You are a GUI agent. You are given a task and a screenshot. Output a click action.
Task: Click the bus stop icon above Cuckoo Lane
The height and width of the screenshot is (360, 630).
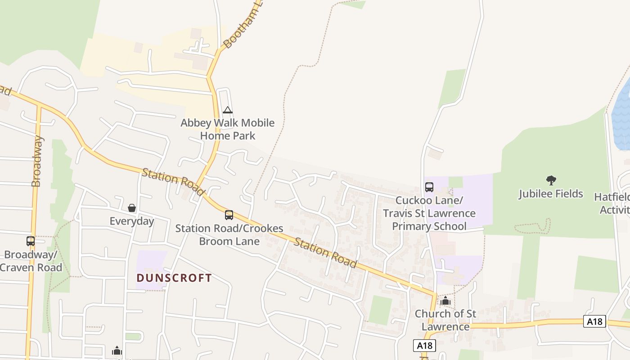click(429, 187)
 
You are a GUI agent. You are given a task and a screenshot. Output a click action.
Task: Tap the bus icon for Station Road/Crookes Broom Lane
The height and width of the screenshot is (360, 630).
click(229, 215)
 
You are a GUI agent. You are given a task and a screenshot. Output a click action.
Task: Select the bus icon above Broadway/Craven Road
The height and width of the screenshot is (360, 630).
click(31, 241)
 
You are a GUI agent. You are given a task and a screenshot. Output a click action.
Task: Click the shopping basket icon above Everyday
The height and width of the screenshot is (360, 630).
click(132, 208)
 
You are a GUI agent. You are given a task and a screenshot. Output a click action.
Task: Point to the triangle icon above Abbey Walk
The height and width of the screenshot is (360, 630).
click(228, 110)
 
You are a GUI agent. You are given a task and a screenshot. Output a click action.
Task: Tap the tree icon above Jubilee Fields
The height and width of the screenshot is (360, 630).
click(551, 181)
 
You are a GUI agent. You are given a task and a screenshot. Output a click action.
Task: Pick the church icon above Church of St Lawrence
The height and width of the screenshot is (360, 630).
click(445, 301)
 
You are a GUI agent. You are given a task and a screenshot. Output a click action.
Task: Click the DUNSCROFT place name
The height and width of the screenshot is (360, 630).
click(174, 278)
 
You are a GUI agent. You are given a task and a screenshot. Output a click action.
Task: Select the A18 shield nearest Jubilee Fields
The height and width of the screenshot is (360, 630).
click(594, 321)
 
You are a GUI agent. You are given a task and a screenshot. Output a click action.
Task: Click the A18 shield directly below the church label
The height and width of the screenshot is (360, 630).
click(424, 346)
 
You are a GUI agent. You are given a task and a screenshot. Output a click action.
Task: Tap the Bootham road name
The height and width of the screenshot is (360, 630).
click(243, 25)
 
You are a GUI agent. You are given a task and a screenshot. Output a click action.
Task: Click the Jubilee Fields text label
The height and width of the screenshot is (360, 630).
click(551, 194)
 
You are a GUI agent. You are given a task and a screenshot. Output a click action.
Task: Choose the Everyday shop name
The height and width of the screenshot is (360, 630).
click(132, 221)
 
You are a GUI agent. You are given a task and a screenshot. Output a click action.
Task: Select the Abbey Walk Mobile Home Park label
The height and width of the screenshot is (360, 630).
click(228, 129)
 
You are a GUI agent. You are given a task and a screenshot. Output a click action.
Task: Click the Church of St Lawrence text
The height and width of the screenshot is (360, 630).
click(445, 320)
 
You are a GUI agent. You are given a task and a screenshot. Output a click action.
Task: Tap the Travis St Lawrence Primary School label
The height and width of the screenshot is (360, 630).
click(429, 213)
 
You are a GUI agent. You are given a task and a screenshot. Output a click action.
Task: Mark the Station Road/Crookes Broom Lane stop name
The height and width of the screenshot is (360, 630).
click(229, 234)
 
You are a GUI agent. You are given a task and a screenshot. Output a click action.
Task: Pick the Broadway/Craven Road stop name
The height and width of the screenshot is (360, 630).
click(31, 261)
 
